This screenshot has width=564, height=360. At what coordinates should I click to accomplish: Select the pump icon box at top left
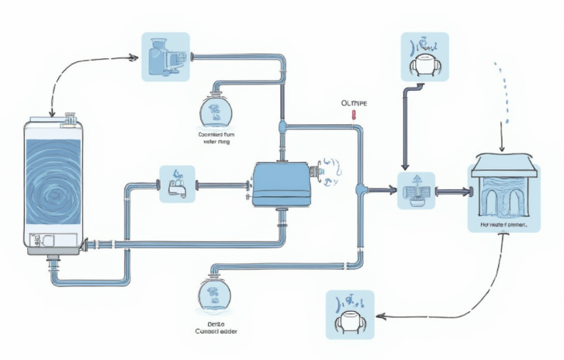[165, 57]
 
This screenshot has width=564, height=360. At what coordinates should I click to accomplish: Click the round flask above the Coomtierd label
[216, 112]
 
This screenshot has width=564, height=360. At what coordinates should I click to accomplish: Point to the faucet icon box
[177, 185]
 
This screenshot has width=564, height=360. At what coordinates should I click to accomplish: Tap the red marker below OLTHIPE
[354, 116]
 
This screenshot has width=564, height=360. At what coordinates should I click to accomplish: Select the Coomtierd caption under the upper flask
[216, 138]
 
